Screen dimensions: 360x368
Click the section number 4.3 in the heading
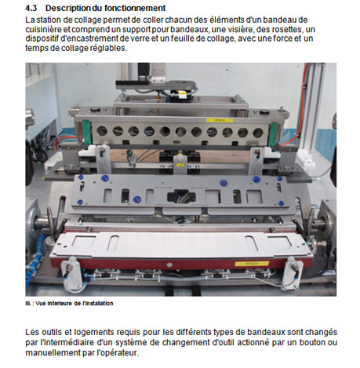click(31, 8)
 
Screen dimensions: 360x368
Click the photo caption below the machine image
click(69, 304)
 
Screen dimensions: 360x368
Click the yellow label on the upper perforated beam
click(220, 120)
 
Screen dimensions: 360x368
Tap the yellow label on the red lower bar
click(252, 264)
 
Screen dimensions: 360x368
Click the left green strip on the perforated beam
click(87, 132)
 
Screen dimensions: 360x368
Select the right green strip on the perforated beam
click(273, 134)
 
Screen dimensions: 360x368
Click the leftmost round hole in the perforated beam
click(102, 130)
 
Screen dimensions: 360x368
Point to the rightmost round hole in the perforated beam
click(258, 133)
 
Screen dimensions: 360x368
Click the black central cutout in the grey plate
click(181, 197)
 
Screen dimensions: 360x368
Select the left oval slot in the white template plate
click(113, 243)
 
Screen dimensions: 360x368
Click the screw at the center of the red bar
click(169, 265)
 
